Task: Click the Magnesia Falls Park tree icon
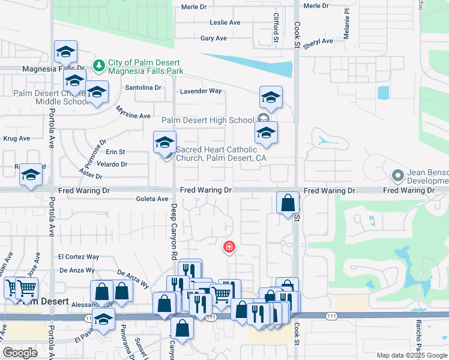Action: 98,64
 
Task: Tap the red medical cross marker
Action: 229,247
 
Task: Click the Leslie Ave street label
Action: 225,23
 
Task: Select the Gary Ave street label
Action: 214,38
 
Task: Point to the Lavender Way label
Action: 201,91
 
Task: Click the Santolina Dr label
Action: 143,88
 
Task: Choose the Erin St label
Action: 116,152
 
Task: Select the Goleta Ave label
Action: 152,199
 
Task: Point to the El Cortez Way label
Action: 79,257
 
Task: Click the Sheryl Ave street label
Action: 318,42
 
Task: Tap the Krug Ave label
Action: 16,139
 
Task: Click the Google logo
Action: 20,352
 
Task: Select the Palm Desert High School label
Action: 208,121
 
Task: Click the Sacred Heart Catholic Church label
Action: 220,154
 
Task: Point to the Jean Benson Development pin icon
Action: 397,176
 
